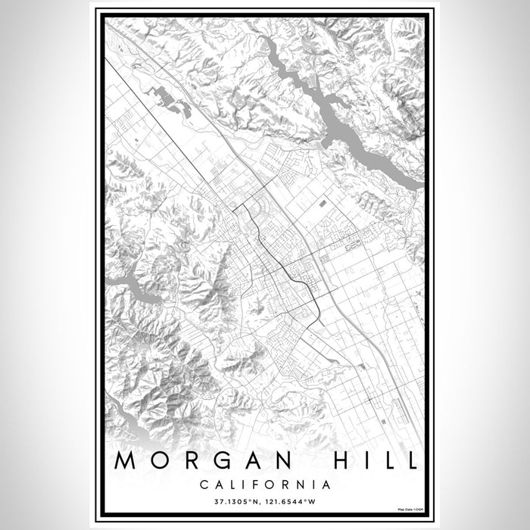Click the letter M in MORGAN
pyautogui.click(x=128, y=461)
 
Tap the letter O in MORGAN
pyautogui.click(x=164, y=461)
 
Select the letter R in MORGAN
pyautogui.click(x=196, y=461)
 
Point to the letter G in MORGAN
pyautogui.click(x=228, y=461)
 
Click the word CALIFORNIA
pyautogui.click(x=265, y=484)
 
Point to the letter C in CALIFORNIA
pyautogui.click(x=204, y=484)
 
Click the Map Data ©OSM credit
pyautogui.click(x=407, y=508)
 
